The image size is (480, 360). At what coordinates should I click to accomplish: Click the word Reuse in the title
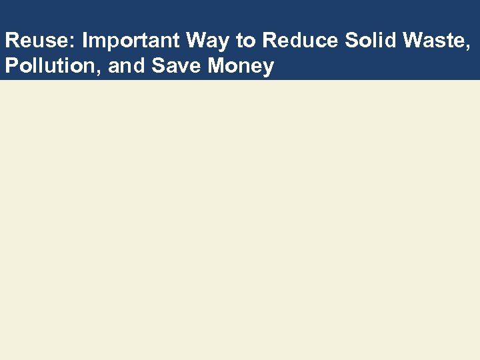pos(38,41)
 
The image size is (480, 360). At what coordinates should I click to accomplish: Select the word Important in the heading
pos(131,41)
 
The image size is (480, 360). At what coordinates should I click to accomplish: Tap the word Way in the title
pos(208,41)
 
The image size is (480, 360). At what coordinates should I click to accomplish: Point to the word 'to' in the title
pos(246,41)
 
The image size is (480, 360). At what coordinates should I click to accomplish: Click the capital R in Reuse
pos(11,41)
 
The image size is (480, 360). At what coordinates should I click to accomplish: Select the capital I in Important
pos(85,41)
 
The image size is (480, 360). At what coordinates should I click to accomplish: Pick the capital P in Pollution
pos(10,66)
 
